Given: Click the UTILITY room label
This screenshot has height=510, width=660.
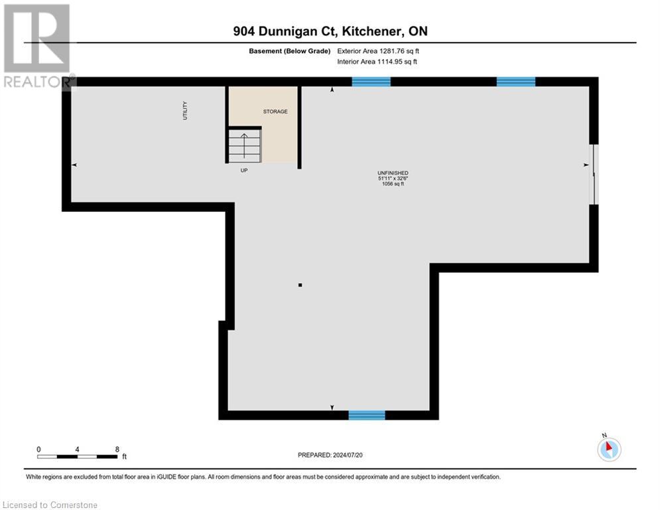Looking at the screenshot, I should coord(186,110).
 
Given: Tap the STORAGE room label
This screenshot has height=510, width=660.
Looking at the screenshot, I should coord(275,112).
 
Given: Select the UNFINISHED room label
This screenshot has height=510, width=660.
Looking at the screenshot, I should coord(393,173).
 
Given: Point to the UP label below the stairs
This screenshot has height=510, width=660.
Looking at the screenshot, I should coord(244,170).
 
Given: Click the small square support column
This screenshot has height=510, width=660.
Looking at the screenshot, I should coord(300,285).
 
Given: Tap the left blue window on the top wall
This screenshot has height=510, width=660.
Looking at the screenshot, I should coord(371,82).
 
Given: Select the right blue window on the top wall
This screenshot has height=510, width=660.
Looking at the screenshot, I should coord(515,82).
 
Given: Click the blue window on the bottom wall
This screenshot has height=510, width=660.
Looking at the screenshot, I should coord(367,415).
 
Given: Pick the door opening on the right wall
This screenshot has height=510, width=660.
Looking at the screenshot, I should coord(595,175).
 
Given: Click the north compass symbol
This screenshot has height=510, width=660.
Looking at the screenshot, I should coord(608,449).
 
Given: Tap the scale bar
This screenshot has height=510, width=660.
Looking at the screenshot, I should coord(78,456).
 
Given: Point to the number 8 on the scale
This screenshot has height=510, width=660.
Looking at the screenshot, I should coord(117,449).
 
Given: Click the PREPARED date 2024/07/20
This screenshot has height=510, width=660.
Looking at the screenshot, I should coord(330,455).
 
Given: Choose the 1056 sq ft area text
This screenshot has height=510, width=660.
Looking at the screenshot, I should coord(393,184).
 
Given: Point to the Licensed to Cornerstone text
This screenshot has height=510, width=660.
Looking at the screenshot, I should coord(50,505).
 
